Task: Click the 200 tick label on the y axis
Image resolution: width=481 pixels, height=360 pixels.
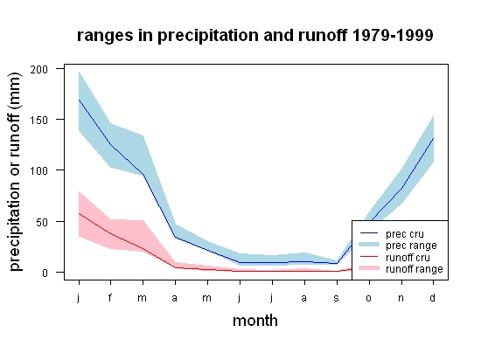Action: (x=39, y=70)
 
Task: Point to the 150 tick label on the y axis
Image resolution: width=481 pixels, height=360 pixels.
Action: (x=39, y=120)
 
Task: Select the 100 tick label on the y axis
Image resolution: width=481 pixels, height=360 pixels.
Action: (x=39, y=170)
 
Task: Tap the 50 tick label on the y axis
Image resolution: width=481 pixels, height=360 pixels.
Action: (x=42, y=222)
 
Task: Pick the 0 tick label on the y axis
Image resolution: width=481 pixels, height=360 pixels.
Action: (x=45, y=273)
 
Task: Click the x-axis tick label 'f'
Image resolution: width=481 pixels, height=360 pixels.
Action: (x=110, y=297)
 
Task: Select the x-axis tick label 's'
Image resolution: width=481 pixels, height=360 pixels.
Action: (x=337, y=298)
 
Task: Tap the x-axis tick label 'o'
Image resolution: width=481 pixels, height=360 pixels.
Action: (x=369, y=298)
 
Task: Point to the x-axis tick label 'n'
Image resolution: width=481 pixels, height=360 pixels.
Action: (x=401, y=298)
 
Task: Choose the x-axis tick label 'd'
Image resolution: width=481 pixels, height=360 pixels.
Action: (x=433, y=297)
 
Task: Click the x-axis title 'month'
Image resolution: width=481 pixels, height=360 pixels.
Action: (x=255, y=321)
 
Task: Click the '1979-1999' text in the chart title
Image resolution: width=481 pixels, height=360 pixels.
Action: (x=393, y=35)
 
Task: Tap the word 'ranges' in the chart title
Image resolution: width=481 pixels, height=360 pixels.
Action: (x=105, y=37)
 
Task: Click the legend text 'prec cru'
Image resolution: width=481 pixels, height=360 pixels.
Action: (x=405, y=234)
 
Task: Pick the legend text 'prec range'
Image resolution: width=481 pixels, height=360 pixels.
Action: (x=411, y=246)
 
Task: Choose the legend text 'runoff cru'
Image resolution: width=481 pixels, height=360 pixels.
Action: (x=408, y=258)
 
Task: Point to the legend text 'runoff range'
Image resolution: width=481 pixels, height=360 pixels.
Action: (x=415, y=269)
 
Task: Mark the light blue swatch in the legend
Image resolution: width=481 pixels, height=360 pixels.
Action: (x=369, y=245)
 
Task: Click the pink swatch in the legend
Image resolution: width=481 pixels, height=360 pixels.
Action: (x=369, y=268)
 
